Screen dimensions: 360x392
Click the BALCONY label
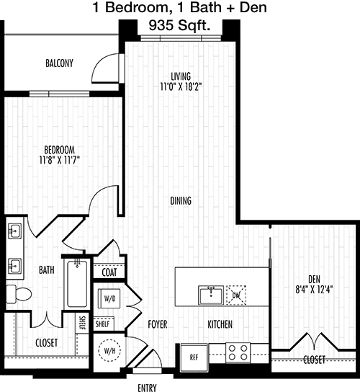click(59, 63)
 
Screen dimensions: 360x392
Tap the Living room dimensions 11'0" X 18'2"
click(181, 86)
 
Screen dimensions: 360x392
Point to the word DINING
click(181, 201)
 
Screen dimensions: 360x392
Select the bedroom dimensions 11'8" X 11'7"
click(59, 160)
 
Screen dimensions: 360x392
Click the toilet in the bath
click(19, 294)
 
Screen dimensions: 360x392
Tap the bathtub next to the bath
click(77, 284)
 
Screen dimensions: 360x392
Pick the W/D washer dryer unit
click(109, 298)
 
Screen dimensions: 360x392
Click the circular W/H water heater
click(109, 350)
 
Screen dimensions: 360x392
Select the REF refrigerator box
click(194, 357)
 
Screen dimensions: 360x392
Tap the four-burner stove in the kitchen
click(238, 352)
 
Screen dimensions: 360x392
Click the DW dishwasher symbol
click(236, 295)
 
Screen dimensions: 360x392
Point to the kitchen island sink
click(211, 295)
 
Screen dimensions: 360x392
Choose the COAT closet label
click(109, 272)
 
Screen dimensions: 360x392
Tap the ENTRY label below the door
click(147, 388)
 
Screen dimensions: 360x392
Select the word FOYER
click(158, 324)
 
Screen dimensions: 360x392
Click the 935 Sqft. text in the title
click(179, 25)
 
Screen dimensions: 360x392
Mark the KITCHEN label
click(220, 324)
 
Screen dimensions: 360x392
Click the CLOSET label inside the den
click(314, 360)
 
